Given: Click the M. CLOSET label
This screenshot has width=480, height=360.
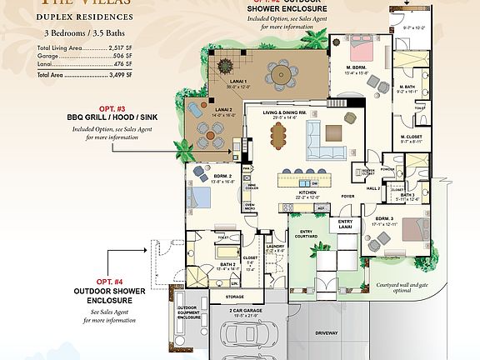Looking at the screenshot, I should pyautogui.click(x=412, y=137).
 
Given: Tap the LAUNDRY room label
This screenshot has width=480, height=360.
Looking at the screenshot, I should pyautogui.click(x=276, y=247).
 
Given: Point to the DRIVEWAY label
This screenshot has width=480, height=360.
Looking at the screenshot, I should pyautogui.click(x=327, y=332).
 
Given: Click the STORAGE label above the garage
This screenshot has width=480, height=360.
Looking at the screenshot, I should pyautogui.click(x=235, y=296).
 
